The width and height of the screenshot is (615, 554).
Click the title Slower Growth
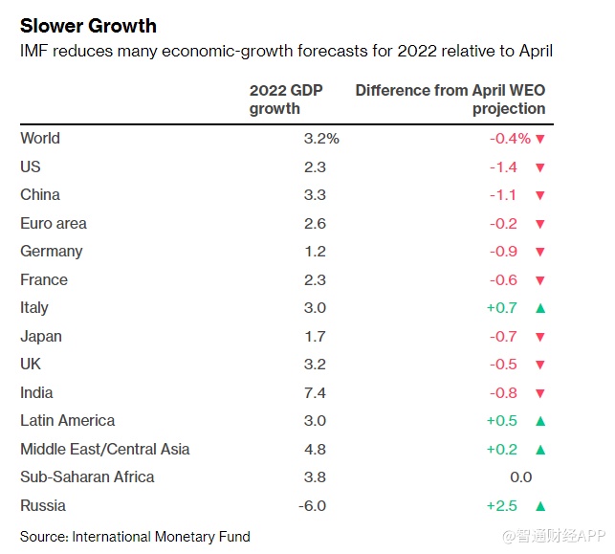pos(88,26)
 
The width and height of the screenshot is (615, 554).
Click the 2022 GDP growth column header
pos(286,100)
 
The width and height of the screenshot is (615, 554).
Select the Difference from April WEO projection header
pos(450,100)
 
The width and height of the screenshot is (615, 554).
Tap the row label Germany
pos(52,252)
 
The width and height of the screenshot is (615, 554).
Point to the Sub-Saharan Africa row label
pos(87,477)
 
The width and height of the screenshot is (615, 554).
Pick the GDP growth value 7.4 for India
pos(315,392)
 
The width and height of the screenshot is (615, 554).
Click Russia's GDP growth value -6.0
pos(312,505)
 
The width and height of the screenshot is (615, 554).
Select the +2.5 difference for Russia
pos(501,505)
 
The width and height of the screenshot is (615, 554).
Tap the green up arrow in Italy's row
pos(540,308)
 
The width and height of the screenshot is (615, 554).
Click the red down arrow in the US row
pos(540,167)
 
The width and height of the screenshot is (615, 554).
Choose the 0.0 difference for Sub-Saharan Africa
pos(520,477)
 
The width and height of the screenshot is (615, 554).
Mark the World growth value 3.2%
pos(320,139)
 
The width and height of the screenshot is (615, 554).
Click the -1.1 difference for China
pos(503,195)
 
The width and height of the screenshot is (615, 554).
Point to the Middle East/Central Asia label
pos(105,449)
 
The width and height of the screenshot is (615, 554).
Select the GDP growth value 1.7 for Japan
pos(315,337)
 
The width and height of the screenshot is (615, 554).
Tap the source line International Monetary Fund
pos(135,536)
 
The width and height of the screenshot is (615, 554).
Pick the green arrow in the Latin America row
pos(540,421)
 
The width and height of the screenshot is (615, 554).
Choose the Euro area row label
pos(54,224)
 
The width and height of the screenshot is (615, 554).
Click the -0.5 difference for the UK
pos(503,365)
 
